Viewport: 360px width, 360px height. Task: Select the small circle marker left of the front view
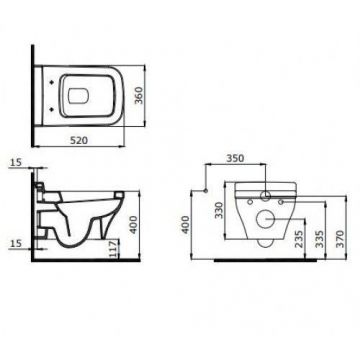coord(203,190)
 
